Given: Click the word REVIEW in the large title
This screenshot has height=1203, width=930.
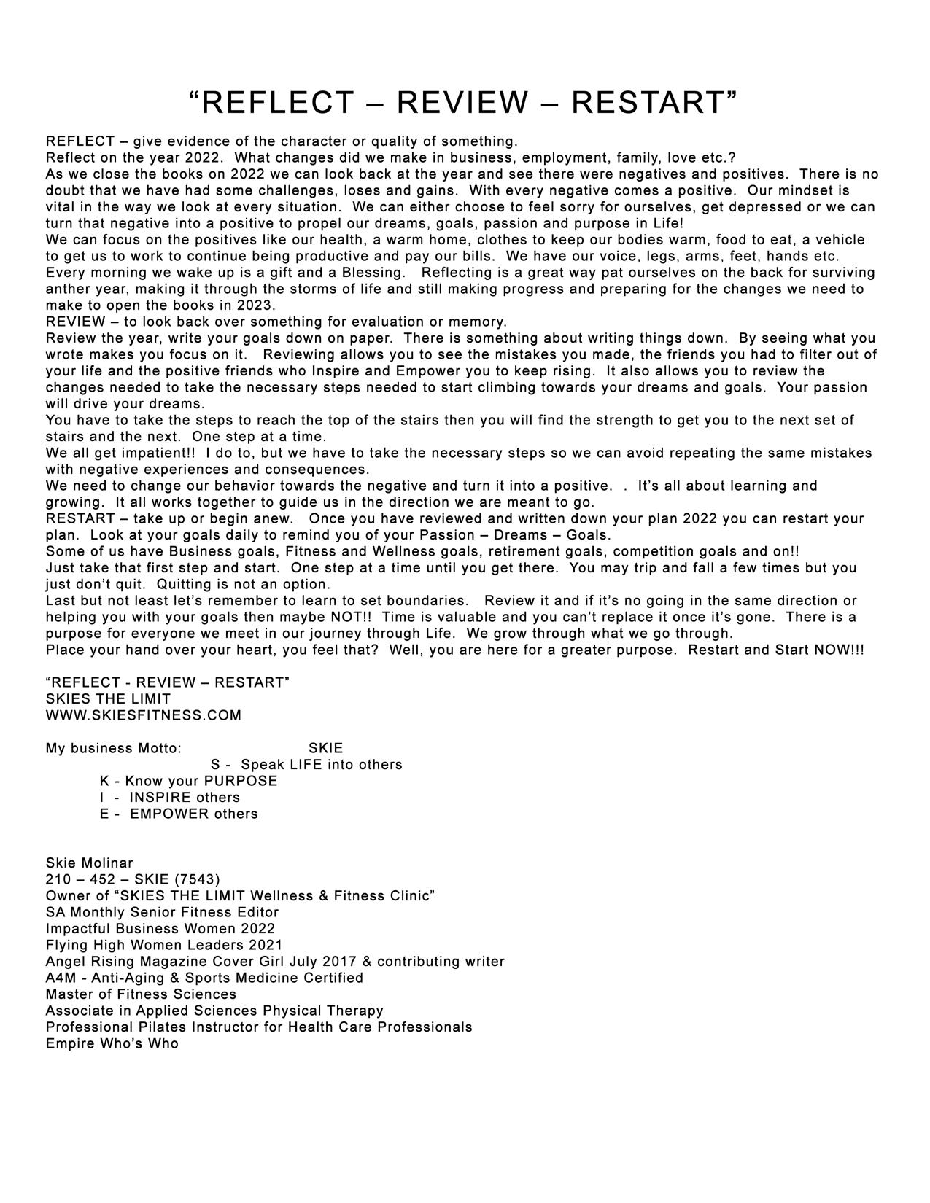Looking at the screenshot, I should (x=462, y=103).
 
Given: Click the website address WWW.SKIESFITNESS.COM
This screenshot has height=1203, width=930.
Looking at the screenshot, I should (x=143, y=715).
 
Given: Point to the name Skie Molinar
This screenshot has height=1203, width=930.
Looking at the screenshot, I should (x=89, y=863).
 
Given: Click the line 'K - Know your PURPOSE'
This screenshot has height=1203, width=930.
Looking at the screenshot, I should (x=188, y=781).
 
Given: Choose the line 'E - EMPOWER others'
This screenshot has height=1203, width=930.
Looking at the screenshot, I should (x=179, y=814).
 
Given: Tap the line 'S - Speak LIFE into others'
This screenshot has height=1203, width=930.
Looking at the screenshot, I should (x=306, y=765).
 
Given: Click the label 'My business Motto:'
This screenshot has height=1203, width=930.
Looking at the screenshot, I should (x=113, y=748).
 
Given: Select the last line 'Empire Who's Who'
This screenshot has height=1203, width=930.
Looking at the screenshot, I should (x=112, y=1043).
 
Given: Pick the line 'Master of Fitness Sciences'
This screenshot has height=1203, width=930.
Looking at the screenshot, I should (x=141, y=994).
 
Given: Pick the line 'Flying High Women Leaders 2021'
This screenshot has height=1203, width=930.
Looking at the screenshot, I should (x=163, y=945).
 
